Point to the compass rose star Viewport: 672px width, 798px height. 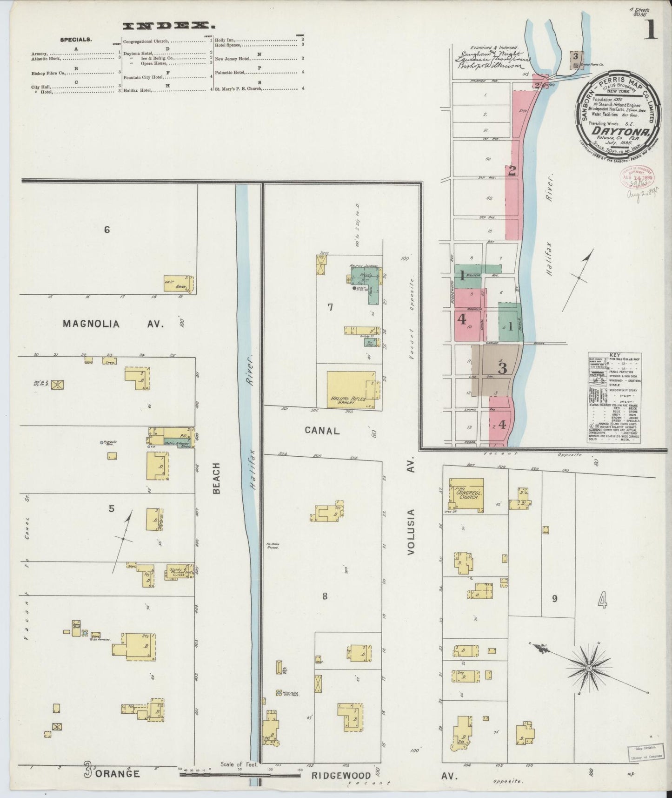588,668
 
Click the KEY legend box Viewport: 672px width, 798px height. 614,397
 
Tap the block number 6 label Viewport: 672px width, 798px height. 107,230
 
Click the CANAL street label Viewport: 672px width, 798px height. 322,431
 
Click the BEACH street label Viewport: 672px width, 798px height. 217,478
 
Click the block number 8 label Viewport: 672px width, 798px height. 325,596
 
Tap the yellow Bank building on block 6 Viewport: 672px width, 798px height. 179,283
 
